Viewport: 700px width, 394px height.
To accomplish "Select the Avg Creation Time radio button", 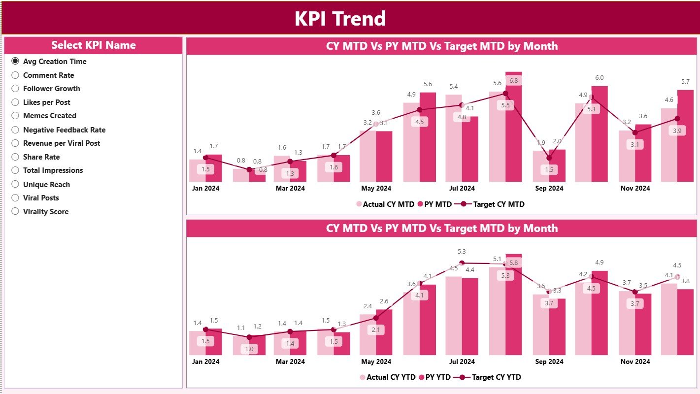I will (15, 62).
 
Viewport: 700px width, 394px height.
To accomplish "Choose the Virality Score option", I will (15, 212).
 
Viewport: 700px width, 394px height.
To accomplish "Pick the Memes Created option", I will (15, 116).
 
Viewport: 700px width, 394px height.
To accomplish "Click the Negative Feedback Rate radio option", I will (15, 130).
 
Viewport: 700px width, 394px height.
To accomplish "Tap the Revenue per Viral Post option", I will (15, 143).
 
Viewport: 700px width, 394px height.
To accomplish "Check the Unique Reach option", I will (15, 185).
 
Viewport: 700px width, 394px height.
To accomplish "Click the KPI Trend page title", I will (340, 19).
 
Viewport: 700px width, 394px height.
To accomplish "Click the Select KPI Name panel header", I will (94, 45).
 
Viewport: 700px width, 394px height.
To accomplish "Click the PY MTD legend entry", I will (434, 204).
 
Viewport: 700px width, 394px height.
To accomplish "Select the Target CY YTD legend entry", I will (496, 377).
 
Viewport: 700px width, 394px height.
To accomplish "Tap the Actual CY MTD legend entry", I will (388, 204).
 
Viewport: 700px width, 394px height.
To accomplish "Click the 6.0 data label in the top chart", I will (599, 78).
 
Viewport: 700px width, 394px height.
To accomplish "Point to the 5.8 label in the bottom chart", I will (513, 263).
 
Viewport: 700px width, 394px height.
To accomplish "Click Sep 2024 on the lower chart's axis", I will (549, 362).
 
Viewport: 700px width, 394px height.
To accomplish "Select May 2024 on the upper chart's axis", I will (376, 189).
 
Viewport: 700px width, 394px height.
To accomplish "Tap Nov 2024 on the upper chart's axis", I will (635, 189).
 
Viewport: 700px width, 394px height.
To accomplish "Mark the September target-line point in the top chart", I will (549, 158).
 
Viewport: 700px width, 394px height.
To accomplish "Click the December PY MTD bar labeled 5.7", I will (685, 136).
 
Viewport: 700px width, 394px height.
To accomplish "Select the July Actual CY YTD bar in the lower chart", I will (454, 315).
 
